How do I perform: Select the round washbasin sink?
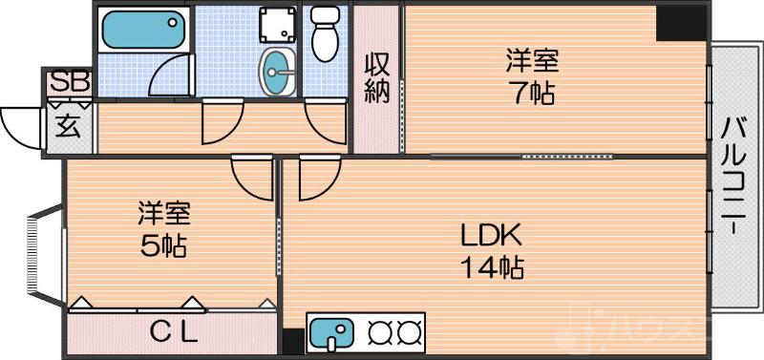coord(278,69)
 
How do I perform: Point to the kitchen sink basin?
coord(330,334)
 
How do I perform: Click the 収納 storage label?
coord(375,79)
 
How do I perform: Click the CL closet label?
coord(174,333)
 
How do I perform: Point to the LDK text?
coord(490,234)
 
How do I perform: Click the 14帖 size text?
coord(492,268)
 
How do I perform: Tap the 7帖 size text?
coord(531,94)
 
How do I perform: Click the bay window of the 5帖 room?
coord(37,255)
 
